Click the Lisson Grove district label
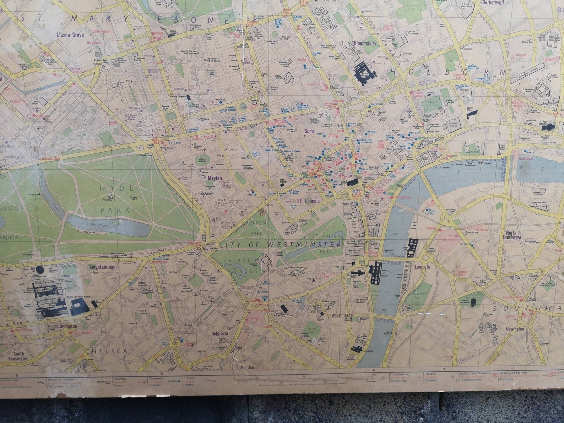[x=70, y=35]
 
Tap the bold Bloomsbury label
[x=365, y=43]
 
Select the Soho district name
[x=310, y=131]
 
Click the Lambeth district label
[x=422, y=267]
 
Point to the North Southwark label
[x=512, y=235]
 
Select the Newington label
[x=515, y=329]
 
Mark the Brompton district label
[x=68, y=326]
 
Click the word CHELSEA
[x=106, y=351]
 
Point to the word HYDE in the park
[x=117, y=188]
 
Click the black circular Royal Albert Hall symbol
[x=39, y=270]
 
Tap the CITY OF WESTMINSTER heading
[x=280, y=245]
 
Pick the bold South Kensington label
[x=19, y=356]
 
